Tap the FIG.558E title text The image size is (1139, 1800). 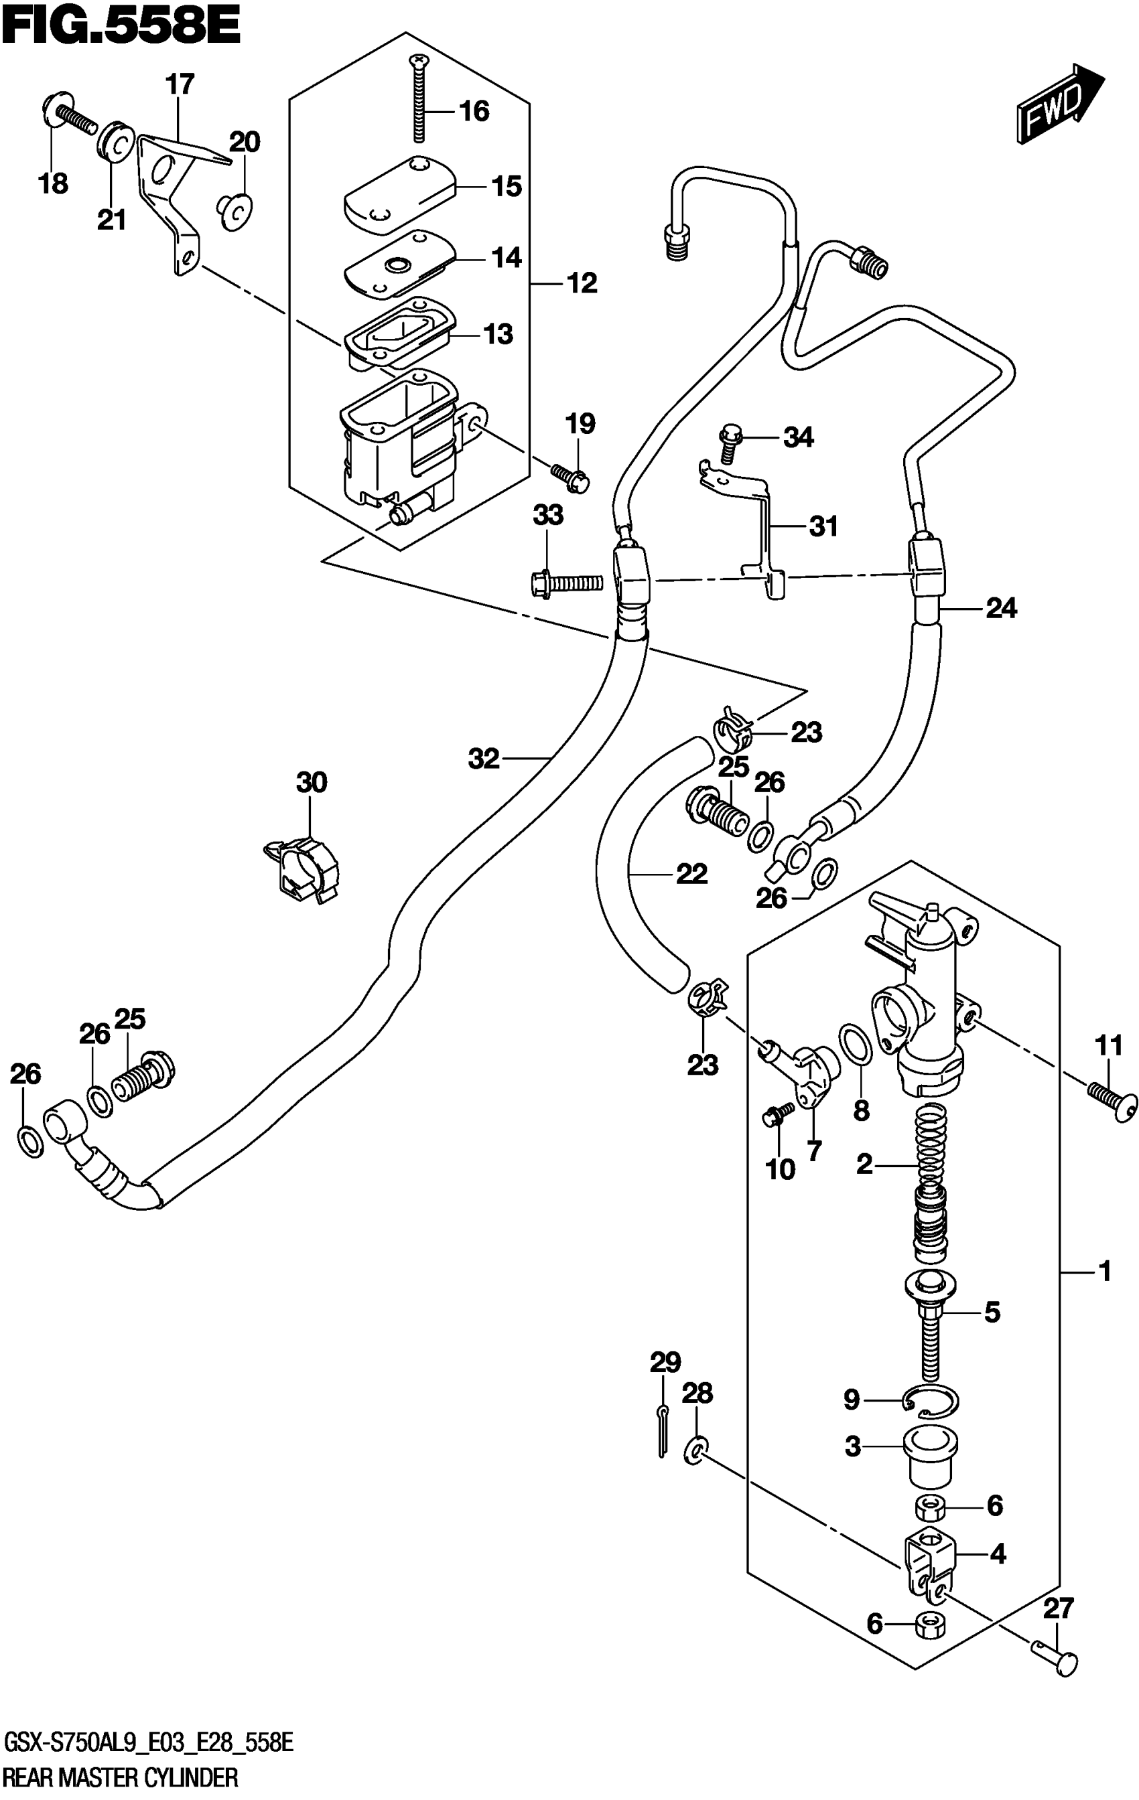[x=122, y=28]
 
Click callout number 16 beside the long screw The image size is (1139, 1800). [x=474, y=111]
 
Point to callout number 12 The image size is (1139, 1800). [x=582, y=283]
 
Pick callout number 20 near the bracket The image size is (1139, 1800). [x=244, y=142]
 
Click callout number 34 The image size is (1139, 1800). [x=798, y=437]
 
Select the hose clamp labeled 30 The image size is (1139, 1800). [x=302, y=870]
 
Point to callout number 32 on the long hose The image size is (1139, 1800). [x=483, y=759]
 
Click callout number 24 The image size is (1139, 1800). [x=1000, y=609]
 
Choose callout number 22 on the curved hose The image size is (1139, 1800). [x=691, y=873]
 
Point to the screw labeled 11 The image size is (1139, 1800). [x=1114, y=1100]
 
